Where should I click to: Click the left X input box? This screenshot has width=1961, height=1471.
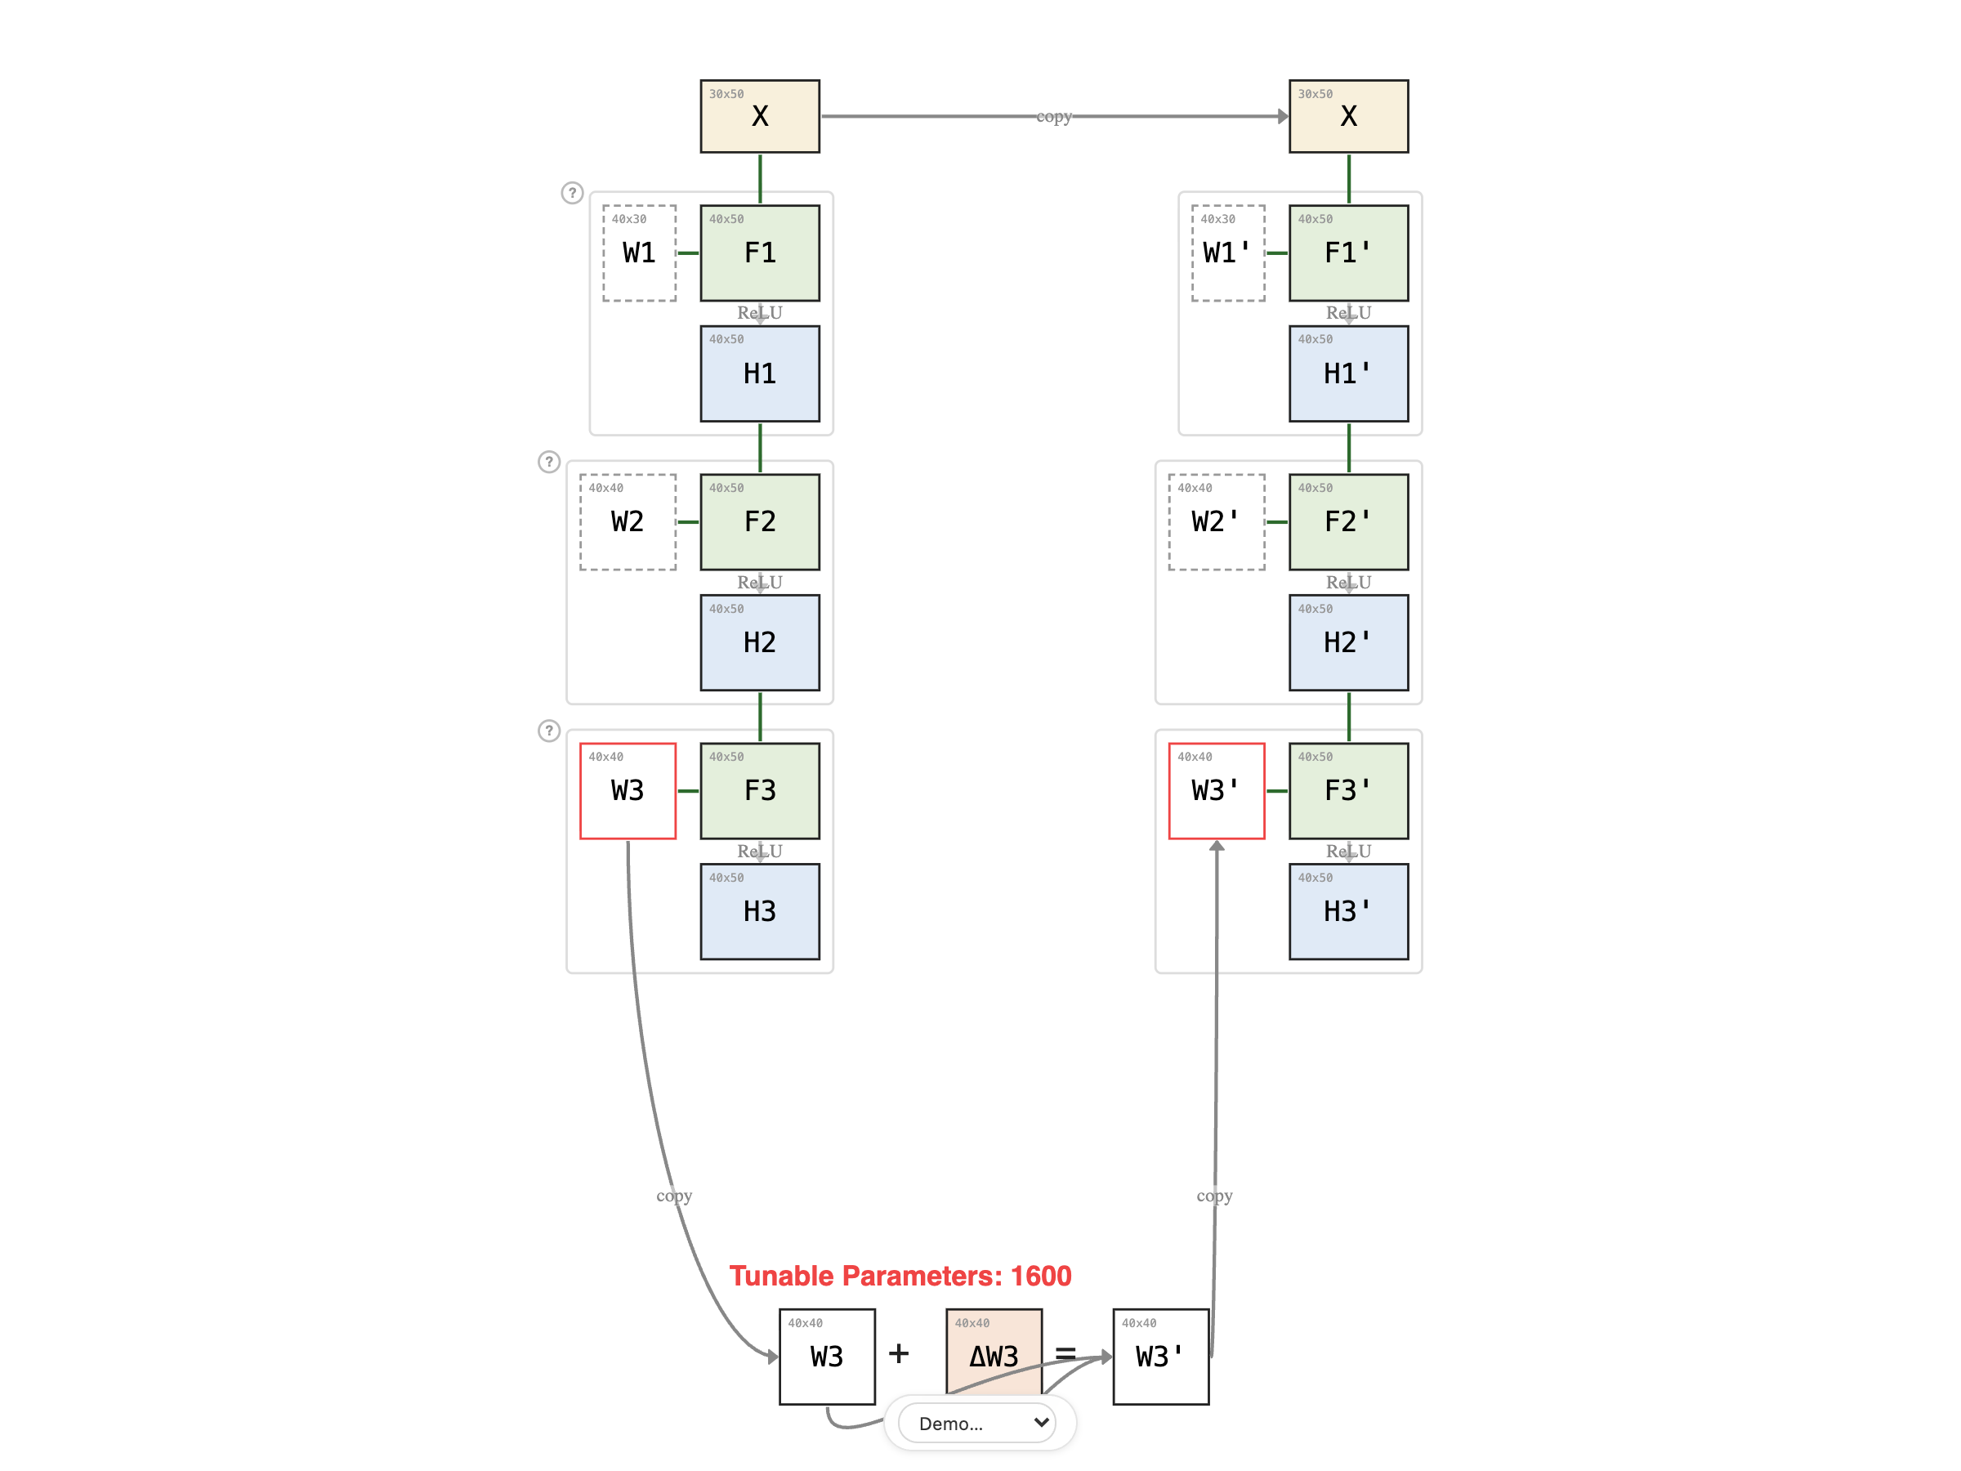760,116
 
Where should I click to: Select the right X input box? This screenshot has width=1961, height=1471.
1347,116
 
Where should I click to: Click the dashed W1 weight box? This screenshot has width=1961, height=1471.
639,253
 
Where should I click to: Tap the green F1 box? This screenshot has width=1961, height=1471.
760,253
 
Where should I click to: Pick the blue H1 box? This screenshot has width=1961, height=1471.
760,373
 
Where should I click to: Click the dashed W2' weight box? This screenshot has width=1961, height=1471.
1217,521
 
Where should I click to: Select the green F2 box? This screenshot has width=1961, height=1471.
760,521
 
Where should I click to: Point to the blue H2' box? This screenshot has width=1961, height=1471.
1347,642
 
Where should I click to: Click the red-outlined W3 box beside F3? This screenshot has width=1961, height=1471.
628,790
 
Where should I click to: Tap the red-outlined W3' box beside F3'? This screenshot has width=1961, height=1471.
1217,790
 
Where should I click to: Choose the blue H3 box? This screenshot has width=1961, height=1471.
760,910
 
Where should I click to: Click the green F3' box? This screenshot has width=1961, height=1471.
1347,790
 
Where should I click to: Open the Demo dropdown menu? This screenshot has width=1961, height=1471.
978,1423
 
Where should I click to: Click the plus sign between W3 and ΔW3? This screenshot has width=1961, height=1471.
899,1353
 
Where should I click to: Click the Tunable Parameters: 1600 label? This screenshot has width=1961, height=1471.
900,1275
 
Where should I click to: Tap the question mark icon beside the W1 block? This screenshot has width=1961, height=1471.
573,192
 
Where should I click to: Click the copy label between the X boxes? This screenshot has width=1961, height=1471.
1054,116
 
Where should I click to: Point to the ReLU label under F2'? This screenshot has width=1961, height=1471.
1347,582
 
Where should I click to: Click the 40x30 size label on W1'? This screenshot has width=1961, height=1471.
1217,219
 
